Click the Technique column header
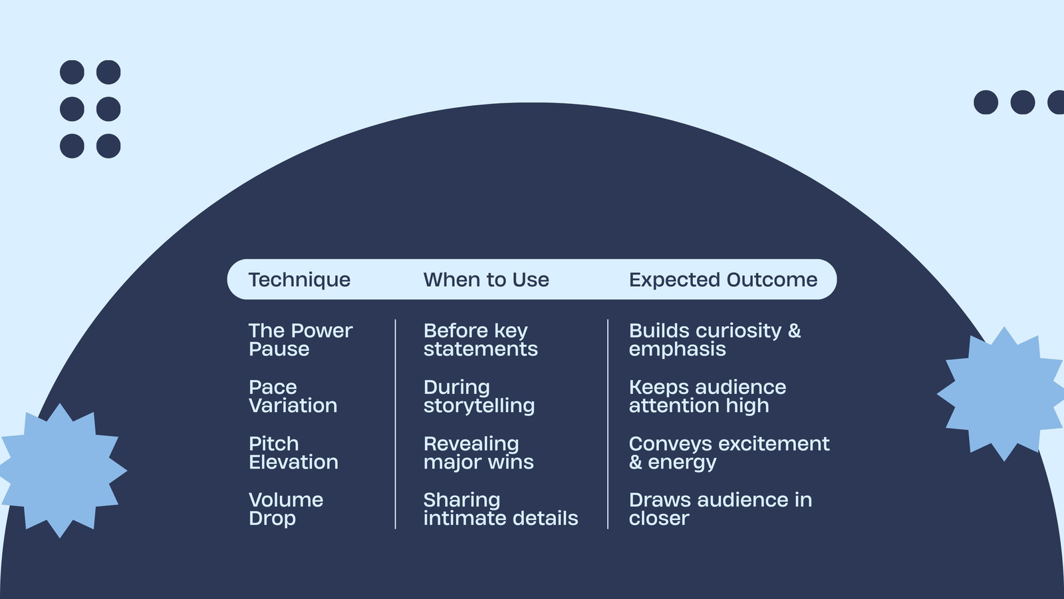point(299,280)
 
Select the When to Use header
point(486,280)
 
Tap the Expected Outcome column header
point(723,280)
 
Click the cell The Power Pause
point(300,339)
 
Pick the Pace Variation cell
point(293,396)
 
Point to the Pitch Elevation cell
point(293,453)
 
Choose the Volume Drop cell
point(285,509)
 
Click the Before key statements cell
point(480,339)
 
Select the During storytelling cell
point(479,397)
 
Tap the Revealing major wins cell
point(478,453)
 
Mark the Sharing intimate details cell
point(501,509)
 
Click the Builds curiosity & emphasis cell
point(715,340)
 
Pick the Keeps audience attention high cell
point(708,397)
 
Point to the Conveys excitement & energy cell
point(729,453)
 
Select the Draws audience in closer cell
point(720,509)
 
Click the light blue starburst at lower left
point(61,471)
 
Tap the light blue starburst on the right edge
point(1002,393)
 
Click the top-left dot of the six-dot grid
point(72,73)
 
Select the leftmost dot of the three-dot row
point(986,102)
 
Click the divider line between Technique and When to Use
point(395,424)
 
